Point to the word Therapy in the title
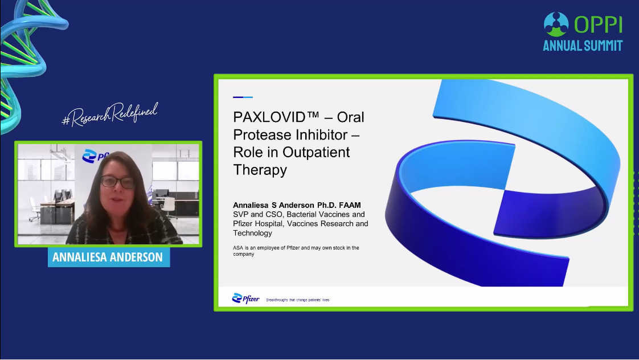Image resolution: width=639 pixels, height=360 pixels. tap(260, 170)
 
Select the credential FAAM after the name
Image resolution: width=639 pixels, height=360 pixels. tap(350, 205)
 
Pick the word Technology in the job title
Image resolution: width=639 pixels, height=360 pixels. tap(252, 233)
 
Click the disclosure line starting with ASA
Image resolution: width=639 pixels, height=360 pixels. tap(296, 251)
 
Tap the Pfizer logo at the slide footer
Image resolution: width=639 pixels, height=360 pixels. tap(245, 299)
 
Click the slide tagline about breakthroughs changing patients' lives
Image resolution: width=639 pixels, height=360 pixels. tap(297, 300)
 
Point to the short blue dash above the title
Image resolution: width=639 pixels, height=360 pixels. tap(243, 97)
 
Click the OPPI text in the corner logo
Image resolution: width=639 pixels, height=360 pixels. tap(598, 24)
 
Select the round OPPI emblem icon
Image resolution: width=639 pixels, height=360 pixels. tap(556, 24)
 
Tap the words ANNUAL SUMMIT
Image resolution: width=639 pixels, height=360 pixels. tap(583, 45)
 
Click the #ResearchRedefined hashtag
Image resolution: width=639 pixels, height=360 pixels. tap(109, 114)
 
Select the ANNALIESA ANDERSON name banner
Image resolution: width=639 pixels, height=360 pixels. tap(109, 257)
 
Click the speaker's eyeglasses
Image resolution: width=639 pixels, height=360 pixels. tap(117, 182)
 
